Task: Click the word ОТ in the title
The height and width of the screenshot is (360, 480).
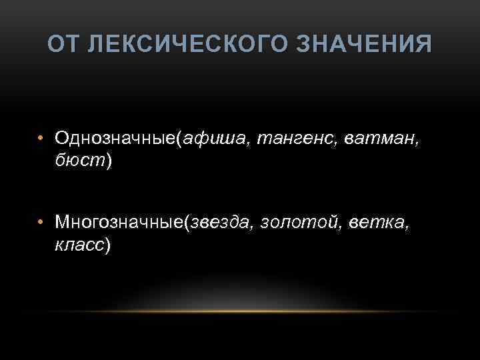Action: click(x=63, y=45)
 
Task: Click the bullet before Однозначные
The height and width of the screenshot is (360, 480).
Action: click(x=41, y=139)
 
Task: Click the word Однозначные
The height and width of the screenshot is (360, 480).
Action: click(x=115, y=138)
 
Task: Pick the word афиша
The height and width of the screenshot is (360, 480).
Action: click(x=209, y=138)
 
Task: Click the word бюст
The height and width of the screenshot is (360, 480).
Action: click(x=79, y=161)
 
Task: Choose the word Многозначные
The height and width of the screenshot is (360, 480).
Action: click(x=120, y=221)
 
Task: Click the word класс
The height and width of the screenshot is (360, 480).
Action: click(x=79, y=243)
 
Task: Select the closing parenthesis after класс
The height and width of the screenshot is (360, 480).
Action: click(x=107, y=244)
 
